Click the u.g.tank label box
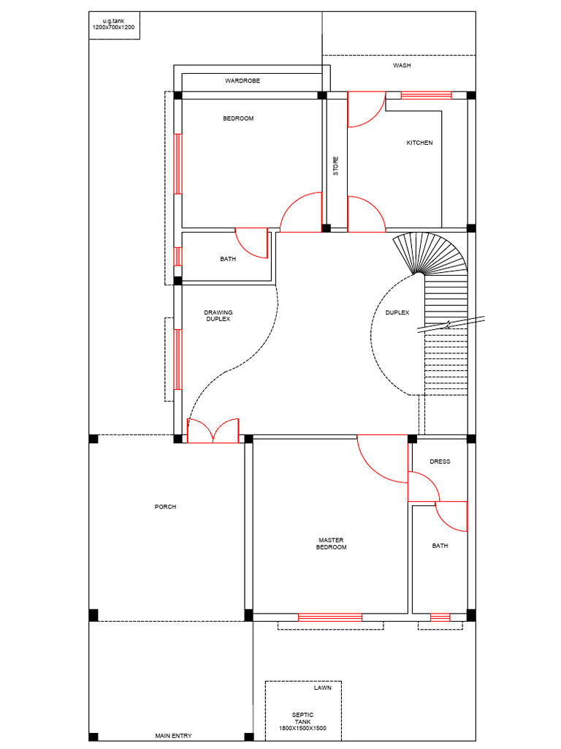(x=114, y=25)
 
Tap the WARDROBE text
(x=243, y=80)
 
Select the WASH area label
(x=401, y=65)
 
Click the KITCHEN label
(x=419, y=143)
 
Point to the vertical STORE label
(x=336, y=166)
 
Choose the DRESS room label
(x=440, y=462)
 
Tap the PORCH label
(x=165, y=507)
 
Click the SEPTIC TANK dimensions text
(x=302, y=729)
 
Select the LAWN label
(x=322, y=688)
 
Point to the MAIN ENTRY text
(x=173, y=736)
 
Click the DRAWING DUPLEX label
(x=218, y=315)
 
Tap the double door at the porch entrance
(x=213, y=432)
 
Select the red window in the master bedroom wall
(x=330, y=617)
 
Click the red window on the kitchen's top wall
(x=426, y=94)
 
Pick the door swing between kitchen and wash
(x=365, y=110)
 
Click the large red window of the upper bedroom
(x=178, y=163)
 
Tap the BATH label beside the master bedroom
(x=440, y=546)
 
